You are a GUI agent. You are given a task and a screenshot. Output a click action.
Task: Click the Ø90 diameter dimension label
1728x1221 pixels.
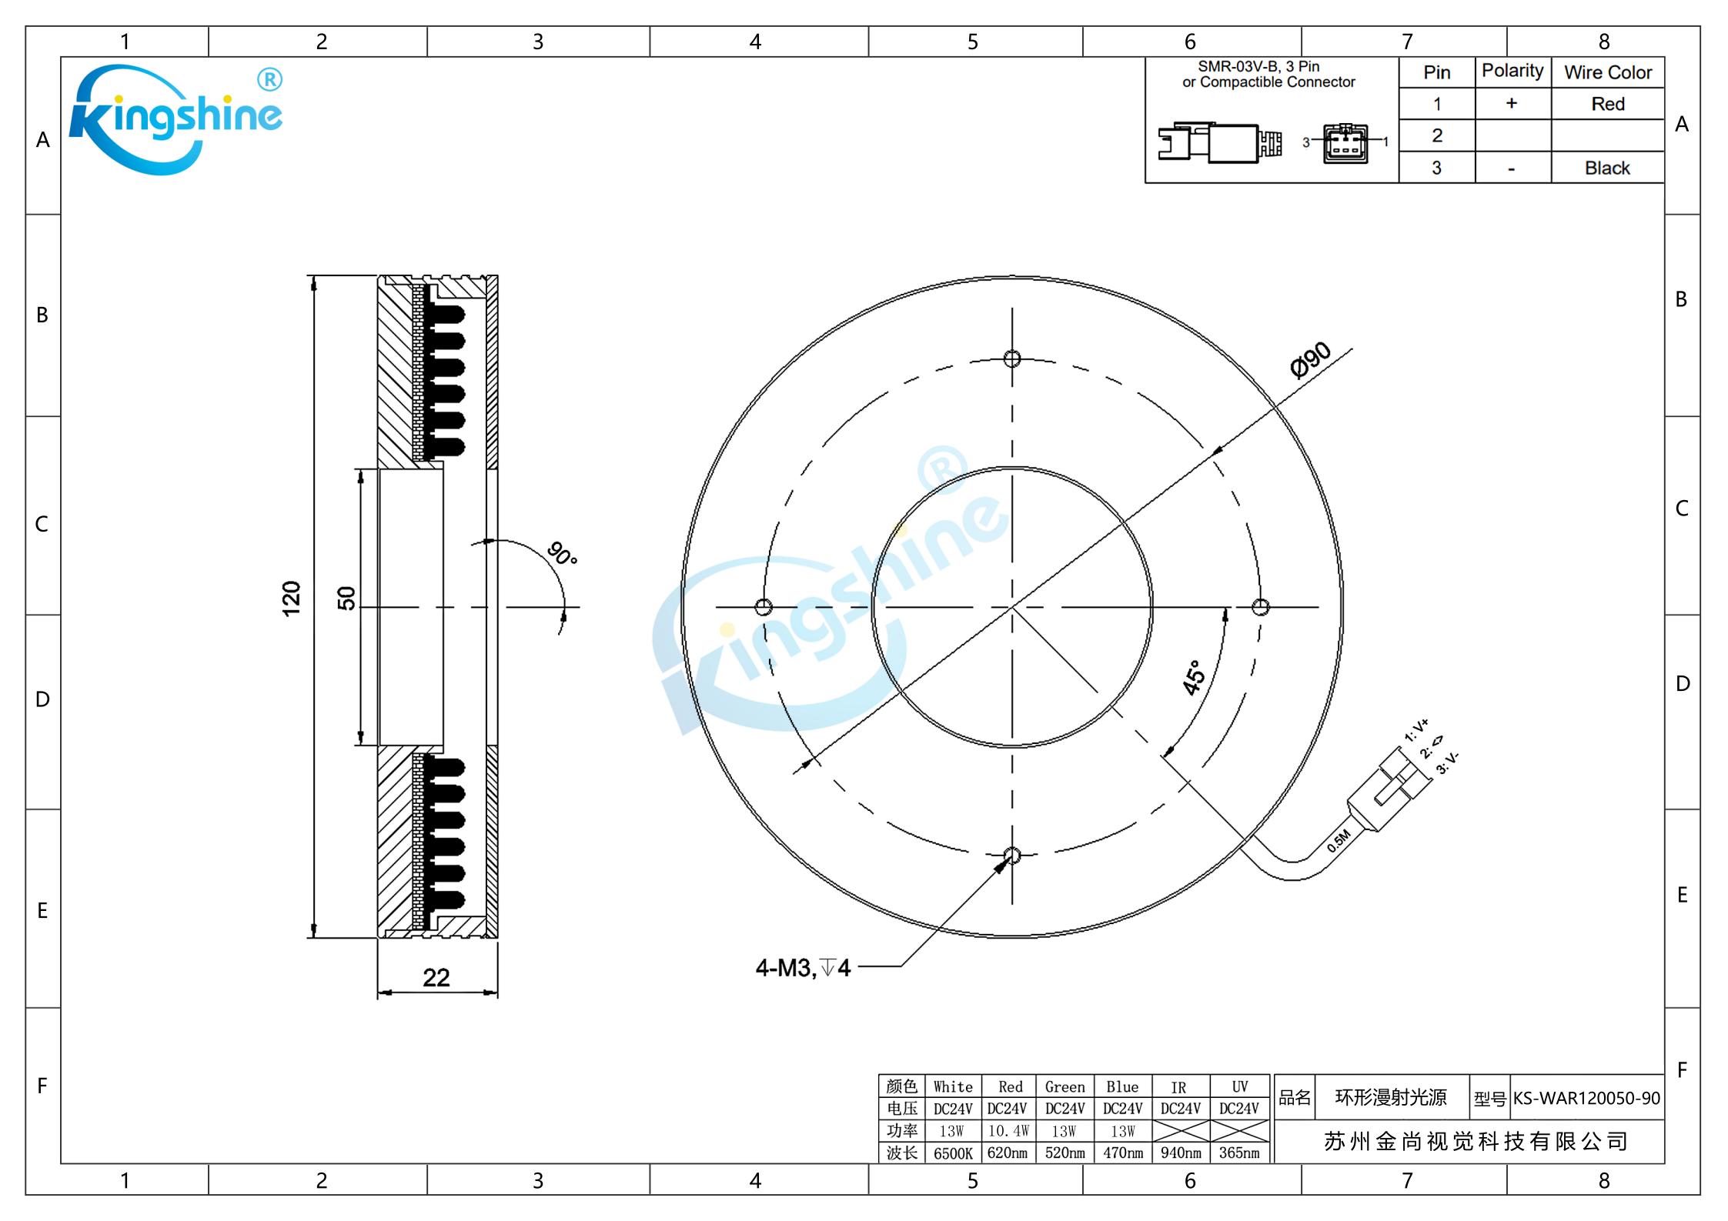[1310, 359]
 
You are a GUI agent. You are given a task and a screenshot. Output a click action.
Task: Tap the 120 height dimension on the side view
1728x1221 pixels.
[291, 599]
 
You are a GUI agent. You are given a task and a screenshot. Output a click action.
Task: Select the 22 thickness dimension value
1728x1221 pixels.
[436, 977]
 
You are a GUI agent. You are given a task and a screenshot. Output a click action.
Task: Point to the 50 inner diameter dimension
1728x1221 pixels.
[347, 598]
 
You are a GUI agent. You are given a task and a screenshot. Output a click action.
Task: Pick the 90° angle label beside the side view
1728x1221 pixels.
[563, 553]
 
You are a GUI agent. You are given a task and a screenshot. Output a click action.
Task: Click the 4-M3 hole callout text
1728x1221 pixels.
[803, 968]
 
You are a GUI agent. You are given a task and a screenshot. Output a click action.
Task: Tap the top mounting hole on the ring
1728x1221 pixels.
[1012, 359]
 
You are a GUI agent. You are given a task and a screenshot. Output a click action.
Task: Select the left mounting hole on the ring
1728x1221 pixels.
[764, 607]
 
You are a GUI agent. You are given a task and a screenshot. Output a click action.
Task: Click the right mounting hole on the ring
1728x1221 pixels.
[1260, 607]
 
